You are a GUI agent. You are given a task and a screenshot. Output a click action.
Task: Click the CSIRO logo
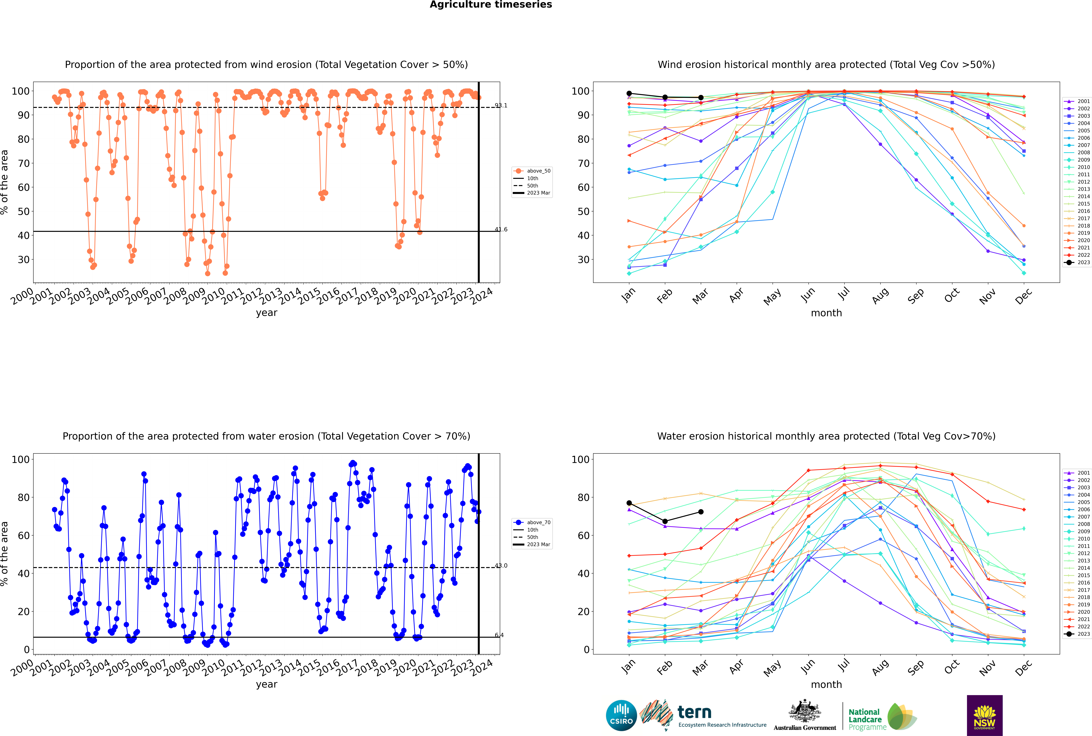[621, 715]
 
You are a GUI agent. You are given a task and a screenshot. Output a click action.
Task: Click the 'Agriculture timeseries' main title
[491, 5]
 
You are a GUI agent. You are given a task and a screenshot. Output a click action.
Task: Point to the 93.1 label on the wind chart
[501, 106]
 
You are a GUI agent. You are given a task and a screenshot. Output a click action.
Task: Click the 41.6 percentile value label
[501, 229]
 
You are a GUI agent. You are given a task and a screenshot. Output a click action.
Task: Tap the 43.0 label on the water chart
[501, 566]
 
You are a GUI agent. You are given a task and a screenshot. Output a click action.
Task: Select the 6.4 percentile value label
[499, 635]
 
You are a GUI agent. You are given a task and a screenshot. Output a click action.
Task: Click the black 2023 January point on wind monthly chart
[629, 93]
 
